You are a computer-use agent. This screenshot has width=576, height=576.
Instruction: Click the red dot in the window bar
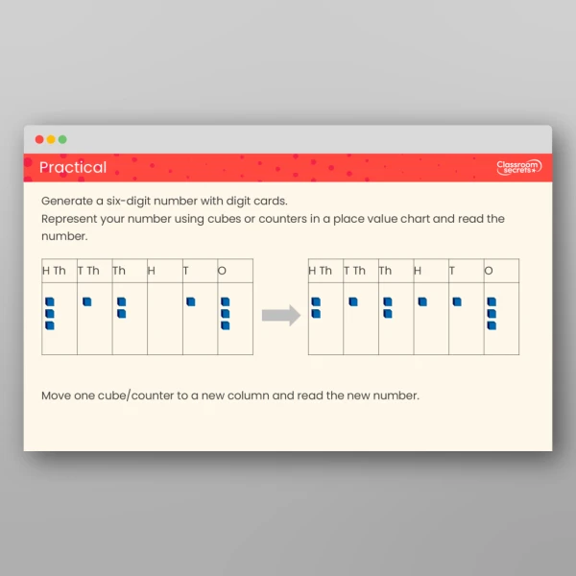[39, 139]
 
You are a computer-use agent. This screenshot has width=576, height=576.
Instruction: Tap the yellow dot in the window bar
[51, 139]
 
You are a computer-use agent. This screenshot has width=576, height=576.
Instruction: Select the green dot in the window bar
[62, 139]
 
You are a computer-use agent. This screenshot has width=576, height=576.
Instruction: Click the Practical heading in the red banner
[73, 168]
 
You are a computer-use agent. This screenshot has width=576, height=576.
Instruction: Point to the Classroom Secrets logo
[518, 168]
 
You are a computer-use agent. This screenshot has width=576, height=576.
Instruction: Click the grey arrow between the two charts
[281, 315]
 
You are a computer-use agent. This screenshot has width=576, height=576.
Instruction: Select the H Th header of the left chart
[55, 271]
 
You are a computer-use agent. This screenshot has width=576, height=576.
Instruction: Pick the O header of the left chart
[223, 271]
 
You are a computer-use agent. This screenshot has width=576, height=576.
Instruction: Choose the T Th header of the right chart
[355, 271]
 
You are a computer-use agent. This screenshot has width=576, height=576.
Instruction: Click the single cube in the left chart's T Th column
[86, 301]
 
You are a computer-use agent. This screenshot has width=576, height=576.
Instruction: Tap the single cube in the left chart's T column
[191, 301]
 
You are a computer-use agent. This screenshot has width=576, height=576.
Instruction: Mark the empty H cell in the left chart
[164, 319]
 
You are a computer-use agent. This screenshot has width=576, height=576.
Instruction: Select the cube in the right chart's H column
[421, 301]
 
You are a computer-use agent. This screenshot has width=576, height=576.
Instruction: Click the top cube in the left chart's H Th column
[50, 301]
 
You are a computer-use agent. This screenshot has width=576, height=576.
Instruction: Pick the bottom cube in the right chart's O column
[492, 325]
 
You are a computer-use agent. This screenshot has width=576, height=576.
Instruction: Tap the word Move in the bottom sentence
[57, 395]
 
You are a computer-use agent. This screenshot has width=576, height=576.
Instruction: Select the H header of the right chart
[418, 271]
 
